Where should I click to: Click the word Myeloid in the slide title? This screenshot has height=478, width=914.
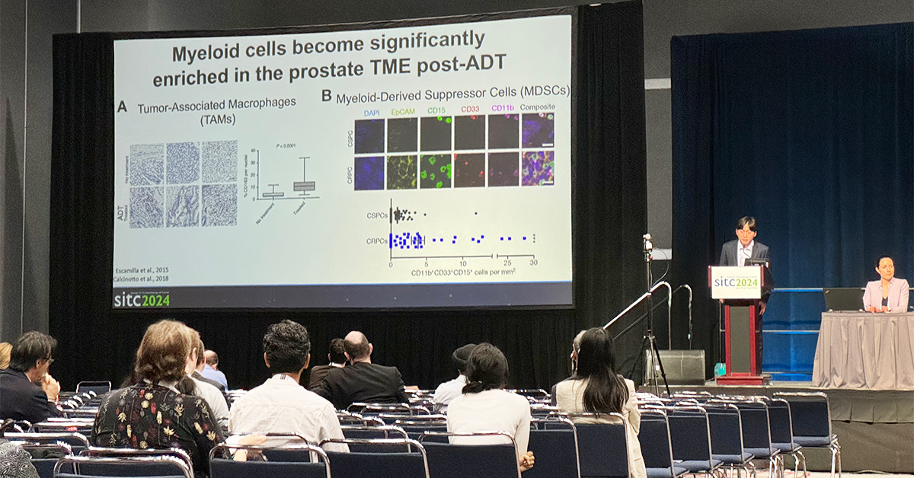[203, 54]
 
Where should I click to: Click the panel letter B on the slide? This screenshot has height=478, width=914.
[327, 95]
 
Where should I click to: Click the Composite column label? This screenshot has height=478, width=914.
[537, 107]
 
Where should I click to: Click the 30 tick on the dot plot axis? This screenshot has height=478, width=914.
[533, 263]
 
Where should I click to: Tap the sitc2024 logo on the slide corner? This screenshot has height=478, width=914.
[142, 298]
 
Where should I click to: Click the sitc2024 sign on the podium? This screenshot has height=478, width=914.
[736, 282]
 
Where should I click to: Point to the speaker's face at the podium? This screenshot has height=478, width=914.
[745, 231]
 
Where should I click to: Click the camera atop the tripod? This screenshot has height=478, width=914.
[647, 243]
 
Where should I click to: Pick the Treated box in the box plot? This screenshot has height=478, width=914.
[305, 186]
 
